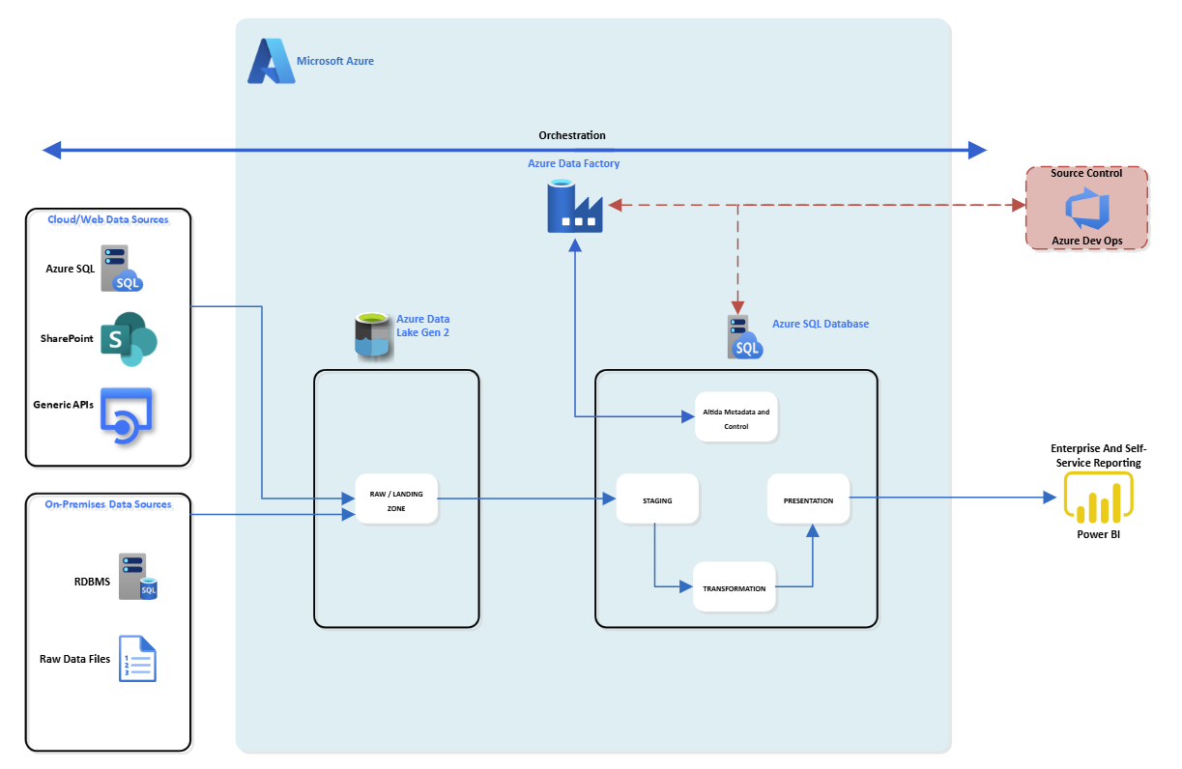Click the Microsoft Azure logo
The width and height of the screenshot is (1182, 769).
pos(270,62)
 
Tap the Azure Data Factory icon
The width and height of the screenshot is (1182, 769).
pos(574,207)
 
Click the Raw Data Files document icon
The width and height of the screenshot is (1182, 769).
pos(137,659)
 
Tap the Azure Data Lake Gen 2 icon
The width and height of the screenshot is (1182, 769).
pos(375,336)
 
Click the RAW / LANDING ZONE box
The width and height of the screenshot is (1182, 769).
pos(396,499)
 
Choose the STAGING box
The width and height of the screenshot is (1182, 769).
pos(657,500)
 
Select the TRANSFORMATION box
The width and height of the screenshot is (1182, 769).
pos(735,587)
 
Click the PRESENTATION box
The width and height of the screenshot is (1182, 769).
pos(808,499)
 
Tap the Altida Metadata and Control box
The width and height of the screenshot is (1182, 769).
pos(736,417)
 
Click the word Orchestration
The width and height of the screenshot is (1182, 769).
pos(572,135)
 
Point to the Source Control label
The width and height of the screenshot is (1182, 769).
pos(1086,174)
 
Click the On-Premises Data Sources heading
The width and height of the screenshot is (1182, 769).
pos(108,504)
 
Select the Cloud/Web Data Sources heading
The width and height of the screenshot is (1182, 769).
pos(108,219)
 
